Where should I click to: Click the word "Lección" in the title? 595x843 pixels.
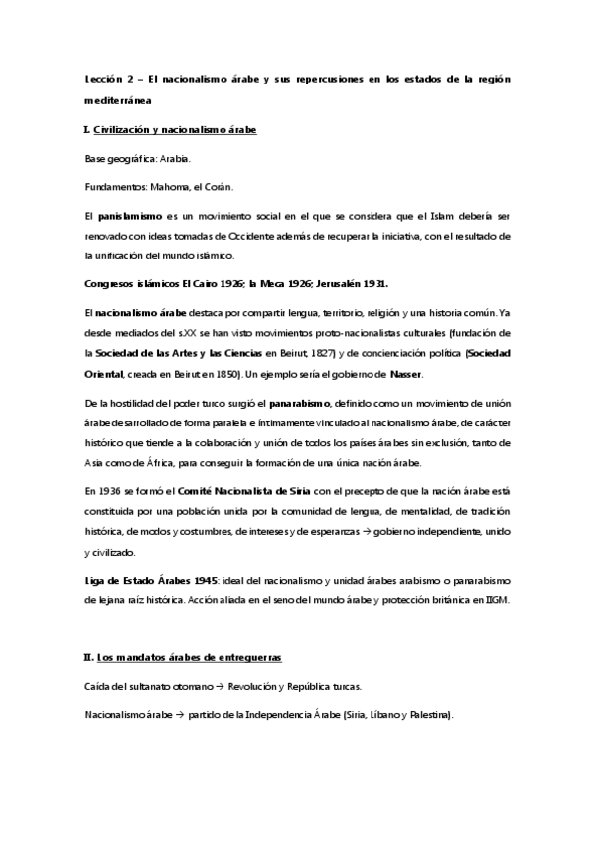coord(101,78)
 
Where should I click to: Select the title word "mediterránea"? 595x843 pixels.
coord(116,101)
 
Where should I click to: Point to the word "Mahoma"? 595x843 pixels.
coord(171,184)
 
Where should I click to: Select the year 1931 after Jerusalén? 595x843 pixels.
coord(371,282)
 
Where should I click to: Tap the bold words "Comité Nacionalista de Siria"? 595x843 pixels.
coord(244,492)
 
